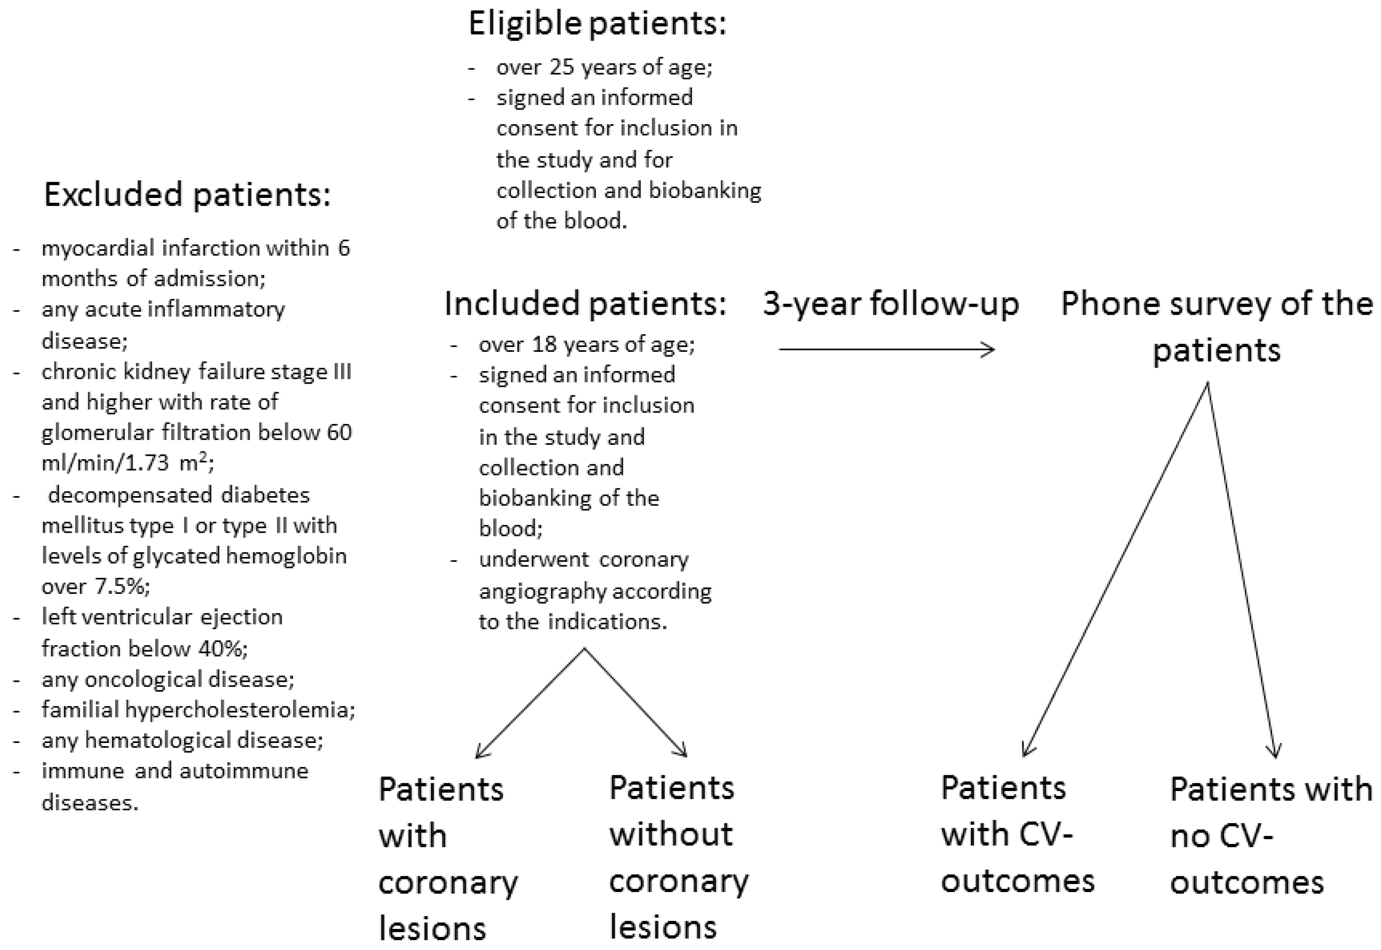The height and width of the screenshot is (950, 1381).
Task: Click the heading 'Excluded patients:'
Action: (x=187, y=195)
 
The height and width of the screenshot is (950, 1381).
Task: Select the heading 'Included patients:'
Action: (x=585, y=304)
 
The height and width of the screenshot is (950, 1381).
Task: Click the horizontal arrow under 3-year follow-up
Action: (x=887, y=349)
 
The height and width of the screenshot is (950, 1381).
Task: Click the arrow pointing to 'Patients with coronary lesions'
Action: (x=530, y=704)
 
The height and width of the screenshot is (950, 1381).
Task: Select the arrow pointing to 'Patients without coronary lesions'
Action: (x=636, y=704)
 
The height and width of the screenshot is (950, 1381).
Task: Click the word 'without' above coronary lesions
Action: (x=671, y=834)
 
